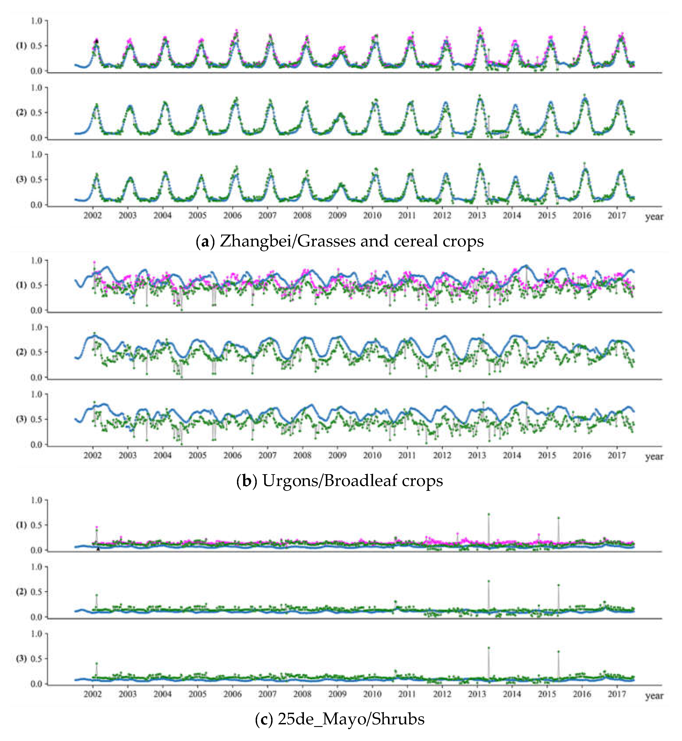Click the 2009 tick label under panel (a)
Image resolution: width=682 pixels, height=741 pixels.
337,215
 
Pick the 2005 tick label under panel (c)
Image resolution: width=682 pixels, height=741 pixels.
197,694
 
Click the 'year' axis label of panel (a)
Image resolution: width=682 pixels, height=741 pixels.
654,217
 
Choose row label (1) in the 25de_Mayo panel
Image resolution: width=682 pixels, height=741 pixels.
22,525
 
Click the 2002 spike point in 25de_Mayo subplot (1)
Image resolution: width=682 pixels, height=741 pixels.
97,527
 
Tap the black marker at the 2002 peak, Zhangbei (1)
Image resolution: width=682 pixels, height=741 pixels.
97,41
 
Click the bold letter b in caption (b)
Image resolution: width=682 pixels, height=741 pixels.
246,481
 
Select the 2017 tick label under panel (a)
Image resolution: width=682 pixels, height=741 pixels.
617,215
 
